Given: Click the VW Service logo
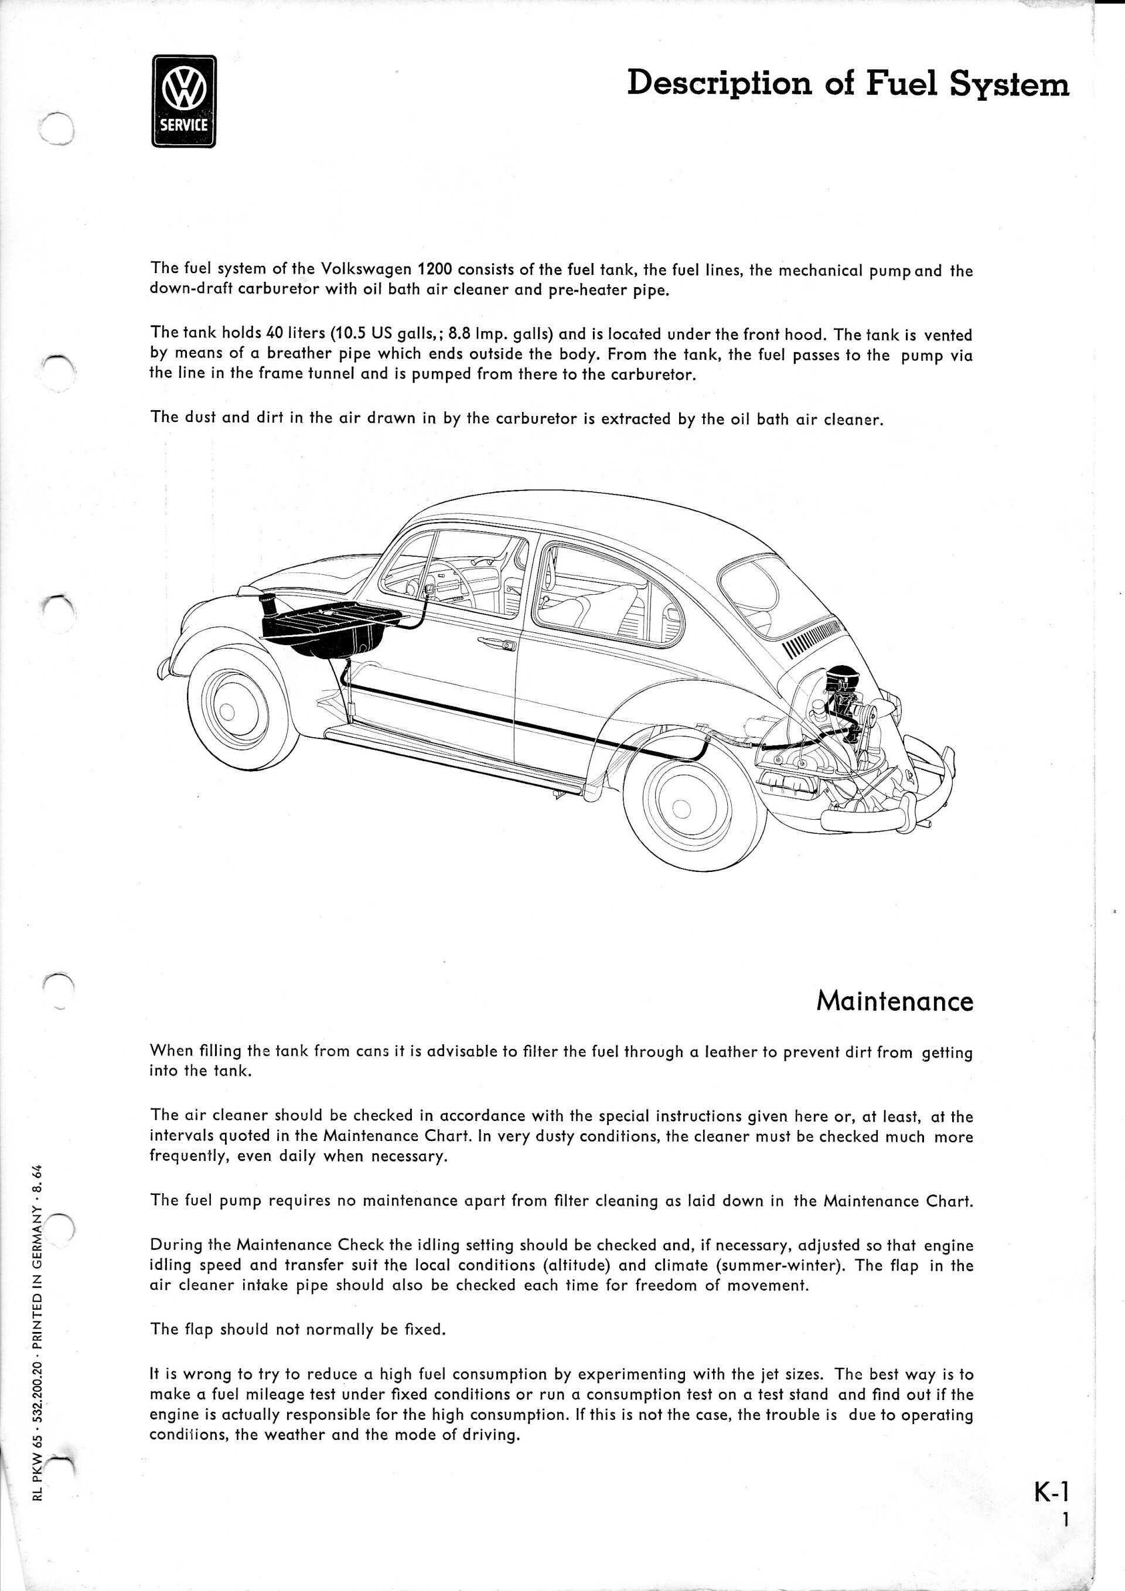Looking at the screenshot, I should [183, 101].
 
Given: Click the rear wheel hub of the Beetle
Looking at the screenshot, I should [683, 808].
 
